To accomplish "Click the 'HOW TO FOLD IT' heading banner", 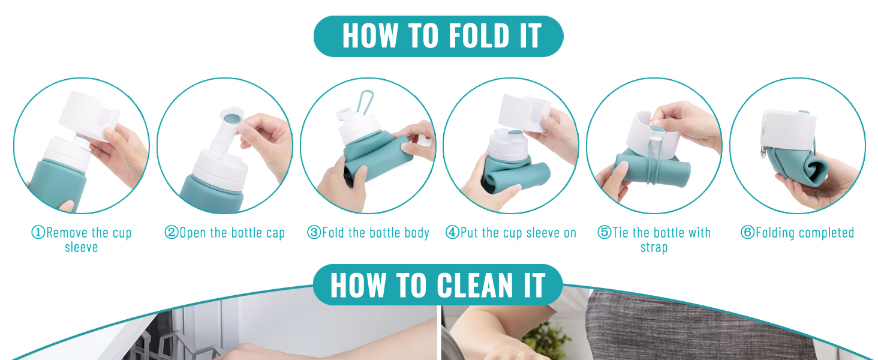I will tap(438, 36).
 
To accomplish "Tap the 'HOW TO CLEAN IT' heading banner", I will tap(438, 285).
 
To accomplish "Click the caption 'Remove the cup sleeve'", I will tap(82, 239).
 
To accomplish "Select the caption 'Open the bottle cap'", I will tap(225, 233).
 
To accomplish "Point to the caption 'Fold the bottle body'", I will tap(368, 233).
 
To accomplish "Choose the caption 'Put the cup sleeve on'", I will tap(511, 233).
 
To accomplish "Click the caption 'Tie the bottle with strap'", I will tap(654, 239).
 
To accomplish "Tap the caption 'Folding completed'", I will tap(798, 233).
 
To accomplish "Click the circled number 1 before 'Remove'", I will tap(38, 233).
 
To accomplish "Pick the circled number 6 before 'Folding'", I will tap(748, 233).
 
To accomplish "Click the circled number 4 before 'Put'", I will tap(452, 233).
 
